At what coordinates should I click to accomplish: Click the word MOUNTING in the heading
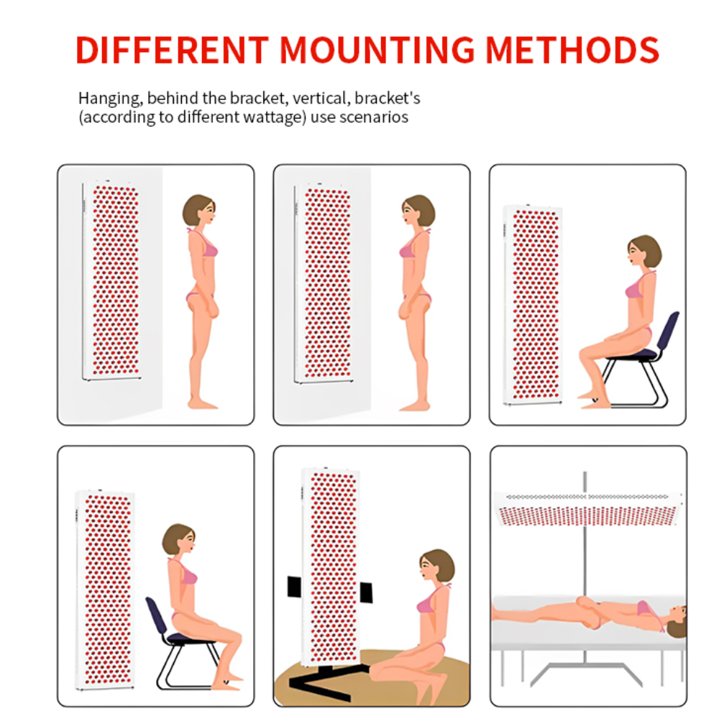tap(377, 50)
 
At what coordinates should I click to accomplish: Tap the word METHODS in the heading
tap(572, 50)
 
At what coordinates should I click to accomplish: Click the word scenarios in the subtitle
tap(374, 117)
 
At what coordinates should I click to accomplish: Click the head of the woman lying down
tap(677, 622)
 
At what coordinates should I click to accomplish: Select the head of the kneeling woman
tap(436, 566)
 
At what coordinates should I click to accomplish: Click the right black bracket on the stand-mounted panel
tap(366, 592)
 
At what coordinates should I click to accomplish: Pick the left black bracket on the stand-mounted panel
tap(294, 587)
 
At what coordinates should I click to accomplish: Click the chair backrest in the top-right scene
tap(668, 331)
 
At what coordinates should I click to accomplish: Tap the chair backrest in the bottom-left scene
tap(157, 616)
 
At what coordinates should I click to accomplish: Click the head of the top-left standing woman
tap(199, 210)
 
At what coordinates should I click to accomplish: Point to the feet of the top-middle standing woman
tap(415, 406)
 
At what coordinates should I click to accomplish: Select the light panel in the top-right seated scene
tap(533, 305)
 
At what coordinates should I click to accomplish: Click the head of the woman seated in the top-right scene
tap(644, 251)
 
